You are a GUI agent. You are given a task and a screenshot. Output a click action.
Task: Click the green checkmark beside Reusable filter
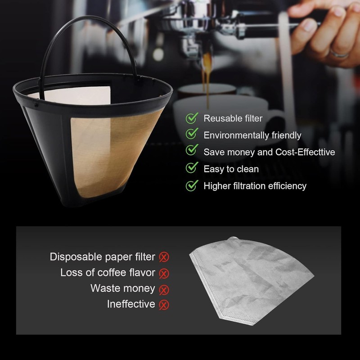click(193, 118)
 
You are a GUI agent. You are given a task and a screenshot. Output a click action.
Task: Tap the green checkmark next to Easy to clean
click(193, 168)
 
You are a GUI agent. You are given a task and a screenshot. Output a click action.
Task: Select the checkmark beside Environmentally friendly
click(193, 135)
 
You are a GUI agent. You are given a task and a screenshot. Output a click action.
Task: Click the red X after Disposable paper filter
click(164, 257)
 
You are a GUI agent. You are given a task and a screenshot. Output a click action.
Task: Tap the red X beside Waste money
click(164, 289)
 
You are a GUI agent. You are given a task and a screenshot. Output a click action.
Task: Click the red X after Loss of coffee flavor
click(164, 273)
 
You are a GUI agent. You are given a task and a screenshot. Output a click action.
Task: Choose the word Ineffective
click(131, 304)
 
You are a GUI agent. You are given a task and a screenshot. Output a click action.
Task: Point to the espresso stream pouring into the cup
click(207, 76)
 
